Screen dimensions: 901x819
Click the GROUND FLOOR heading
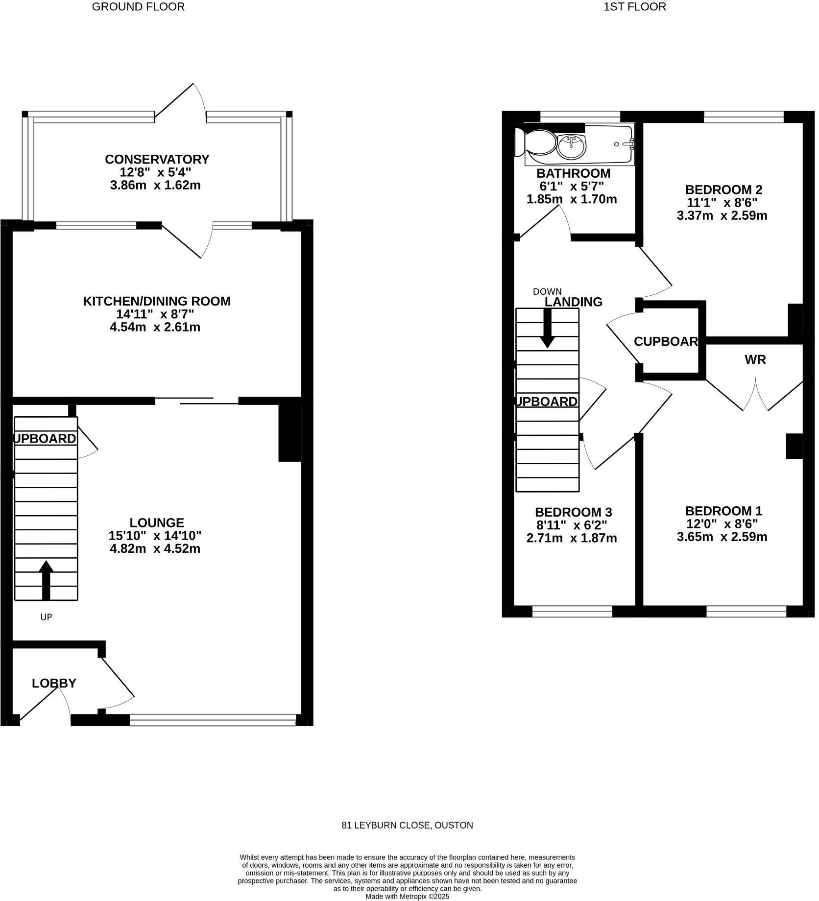pos(138,7)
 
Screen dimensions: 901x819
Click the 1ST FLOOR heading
pos(635,7)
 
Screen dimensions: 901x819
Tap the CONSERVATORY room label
pos(157,159)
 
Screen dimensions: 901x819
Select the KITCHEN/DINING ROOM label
pos(156,301)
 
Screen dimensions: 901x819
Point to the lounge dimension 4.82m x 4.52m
pos(155,548)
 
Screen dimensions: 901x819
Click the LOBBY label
pos(54,683)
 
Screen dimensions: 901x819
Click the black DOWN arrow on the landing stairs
pos(547,329)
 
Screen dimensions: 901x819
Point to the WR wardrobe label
pos(755,360)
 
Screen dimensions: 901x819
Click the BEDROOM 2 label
pos(723,190)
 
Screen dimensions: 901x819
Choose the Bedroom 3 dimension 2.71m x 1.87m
pos(571,538)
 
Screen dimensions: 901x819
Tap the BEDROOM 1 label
pos(723,511)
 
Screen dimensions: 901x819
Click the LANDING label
pos(574,302)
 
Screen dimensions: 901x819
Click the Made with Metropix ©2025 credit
pos(407,897)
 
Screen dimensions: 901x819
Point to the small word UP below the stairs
pos(46,617)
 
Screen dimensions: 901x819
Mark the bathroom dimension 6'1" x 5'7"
pos(571,186)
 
